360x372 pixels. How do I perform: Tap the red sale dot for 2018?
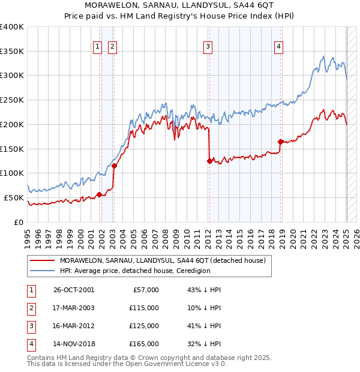coord(280,142)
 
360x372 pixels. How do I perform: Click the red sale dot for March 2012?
coord(209,161)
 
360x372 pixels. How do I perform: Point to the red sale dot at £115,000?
coord(113,166)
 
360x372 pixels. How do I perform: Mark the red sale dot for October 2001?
coord(99,194)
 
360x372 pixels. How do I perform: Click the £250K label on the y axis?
coord(11,100)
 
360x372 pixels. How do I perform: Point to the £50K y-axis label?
coord(14,197)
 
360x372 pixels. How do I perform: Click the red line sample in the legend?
coord(42,260)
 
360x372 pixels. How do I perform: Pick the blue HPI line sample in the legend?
coord(42,271)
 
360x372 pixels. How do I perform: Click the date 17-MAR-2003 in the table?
coord(74,307)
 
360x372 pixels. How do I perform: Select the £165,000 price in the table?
coord(143,344)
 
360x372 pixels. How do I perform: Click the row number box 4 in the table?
coord(29,344)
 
